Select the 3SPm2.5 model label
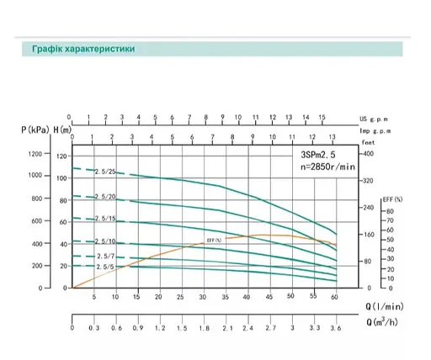coord(317,154)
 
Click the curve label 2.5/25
coord(106,172)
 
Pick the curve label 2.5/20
coord(106,198)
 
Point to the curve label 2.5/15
coord(106,220)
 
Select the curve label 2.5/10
coord(106,242)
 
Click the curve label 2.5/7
coord(104,256)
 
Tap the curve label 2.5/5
coord(104,267)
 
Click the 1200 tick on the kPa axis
coord(35,154)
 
